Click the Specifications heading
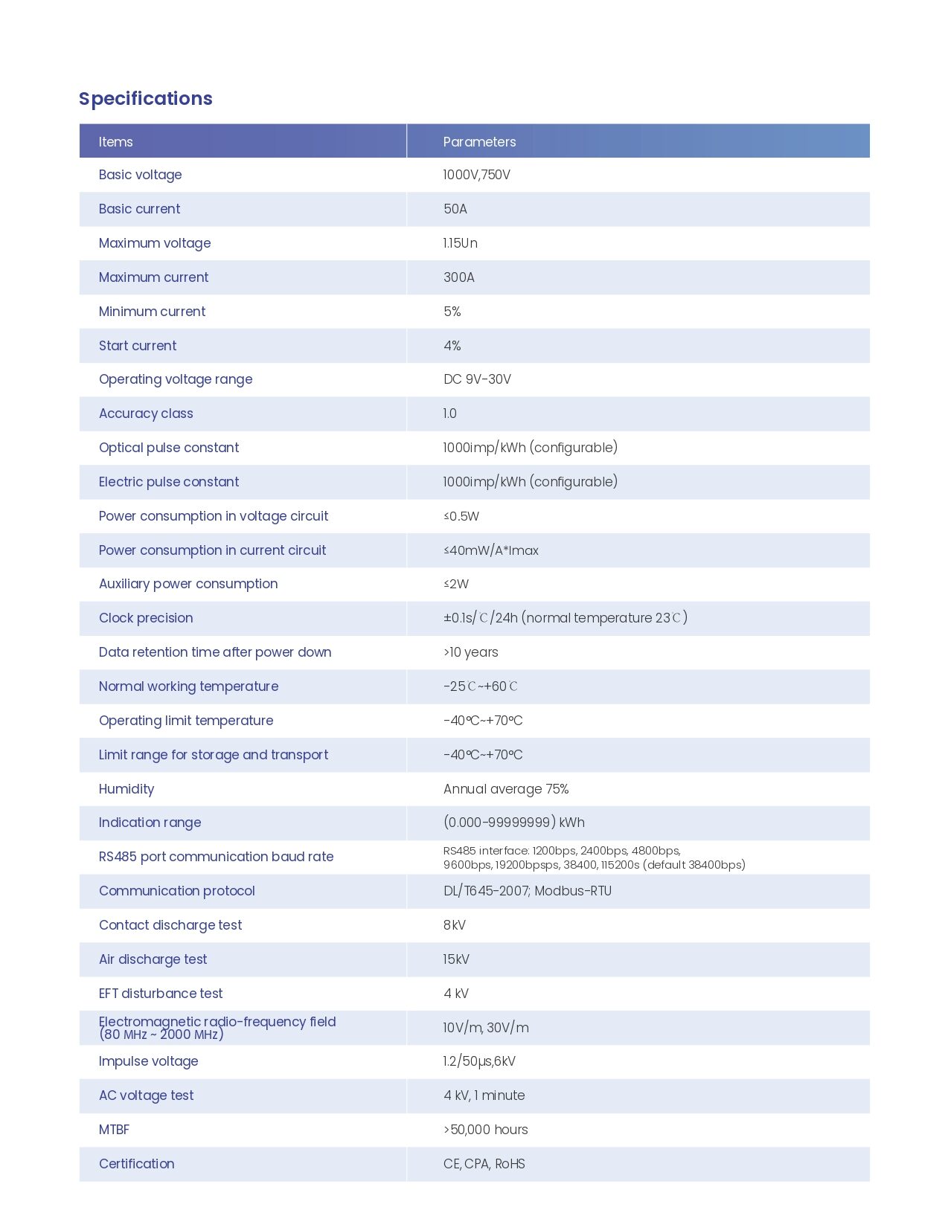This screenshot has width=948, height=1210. coord(146,99)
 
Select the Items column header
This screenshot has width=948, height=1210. coord(116,142)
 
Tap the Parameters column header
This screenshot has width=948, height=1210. coord(479,142)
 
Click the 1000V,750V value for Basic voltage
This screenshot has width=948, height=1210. coord(476,175)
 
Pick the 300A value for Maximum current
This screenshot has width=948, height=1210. coord(458,277)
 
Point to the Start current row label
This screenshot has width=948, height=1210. coord(138,346)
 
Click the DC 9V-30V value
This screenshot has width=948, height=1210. coord(477,379)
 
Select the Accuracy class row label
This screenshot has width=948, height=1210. coord(146,413)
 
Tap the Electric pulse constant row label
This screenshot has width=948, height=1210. coord(169,482)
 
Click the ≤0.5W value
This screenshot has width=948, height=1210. coord(461,516)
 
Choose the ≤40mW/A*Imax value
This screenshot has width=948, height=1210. coord(490,550)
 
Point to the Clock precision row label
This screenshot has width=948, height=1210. coord(146,618)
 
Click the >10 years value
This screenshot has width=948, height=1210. coord(470,652)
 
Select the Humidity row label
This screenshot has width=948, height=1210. coord(126,789)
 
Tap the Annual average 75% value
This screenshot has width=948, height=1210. coord(506,789)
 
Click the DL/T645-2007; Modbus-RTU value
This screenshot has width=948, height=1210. coord(527,891)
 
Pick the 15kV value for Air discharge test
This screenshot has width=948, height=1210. coord(456,959)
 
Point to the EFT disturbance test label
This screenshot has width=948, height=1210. coord(161,994)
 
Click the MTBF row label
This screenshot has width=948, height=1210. coord(114,1130)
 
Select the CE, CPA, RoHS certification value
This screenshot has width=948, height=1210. coord(484,1164)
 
